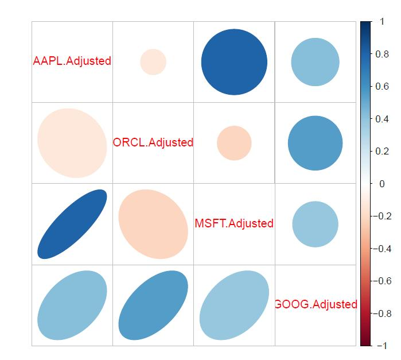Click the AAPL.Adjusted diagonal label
tap(72, 61)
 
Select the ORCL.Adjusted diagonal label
tap(153, 142)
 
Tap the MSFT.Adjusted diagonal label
tap(234, 223)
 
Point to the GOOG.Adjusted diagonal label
tap(316, 304)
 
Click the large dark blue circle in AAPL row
tap(234, 62)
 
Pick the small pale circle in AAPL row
tap(153, 62)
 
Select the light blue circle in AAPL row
tap(316, 62)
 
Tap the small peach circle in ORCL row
tap(234, 143)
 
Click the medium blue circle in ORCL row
tap(316, 143)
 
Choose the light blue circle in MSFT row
tap(316, 224)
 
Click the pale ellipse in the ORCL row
tap(72, 143)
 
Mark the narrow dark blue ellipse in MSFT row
tap(72, 224)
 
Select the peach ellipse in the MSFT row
tap(153, 224)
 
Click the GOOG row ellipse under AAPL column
tap(72, 305)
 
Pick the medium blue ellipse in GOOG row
tap(153, 305)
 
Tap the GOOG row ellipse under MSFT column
tap(234, 305)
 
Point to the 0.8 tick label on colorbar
tap(382, 54)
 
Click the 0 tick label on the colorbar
tap(382, 184)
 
